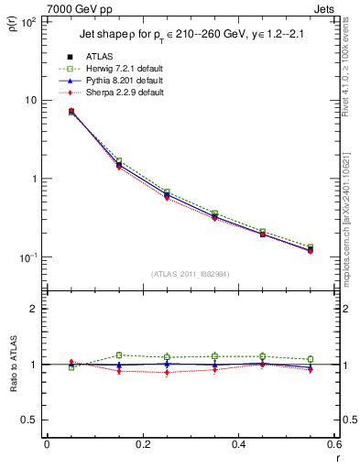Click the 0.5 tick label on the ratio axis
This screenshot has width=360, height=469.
click(27, 420)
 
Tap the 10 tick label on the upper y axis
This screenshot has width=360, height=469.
click(27, 100)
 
